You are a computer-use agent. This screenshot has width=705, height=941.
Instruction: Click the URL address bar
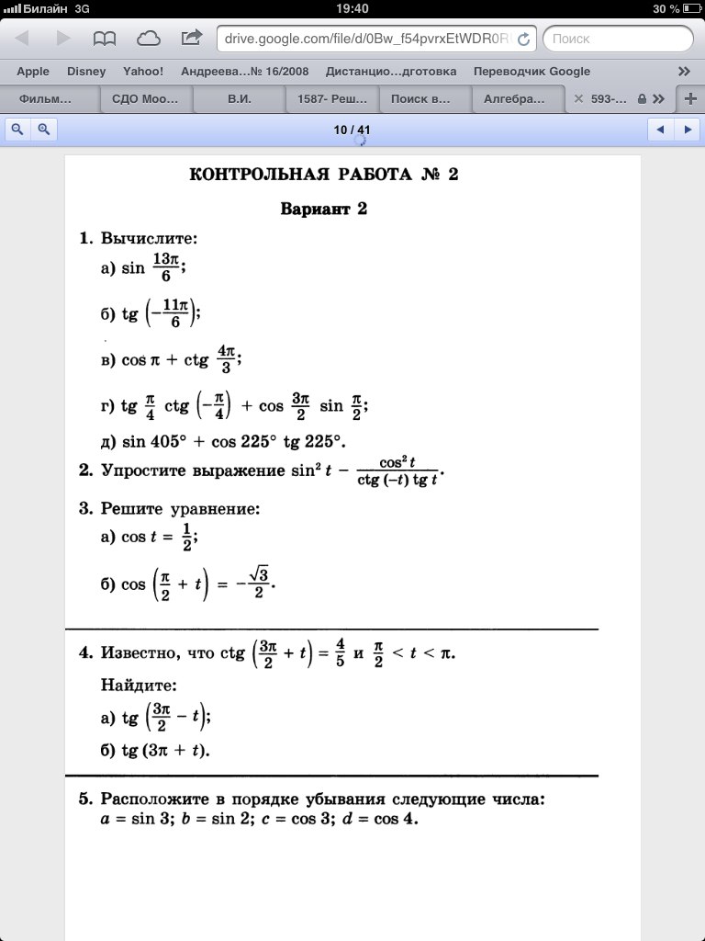point(367,39)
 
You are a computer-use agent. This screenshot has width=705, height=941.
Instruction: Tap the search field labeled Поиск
point(618,39)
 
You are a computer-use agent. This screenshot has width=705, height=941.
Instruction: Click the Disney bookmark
point(86,71)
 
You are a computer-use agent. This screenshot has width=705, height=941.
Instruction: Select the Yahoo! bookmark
point(143,71)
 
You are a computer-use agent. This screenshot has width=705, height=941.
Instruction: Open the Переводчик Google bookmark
point(532,71)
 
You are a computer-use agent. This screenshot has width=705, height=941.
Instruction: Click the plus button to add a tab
point(690,98)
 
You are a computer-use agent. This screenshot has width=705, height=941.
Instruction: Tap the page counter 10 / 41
point(352,130)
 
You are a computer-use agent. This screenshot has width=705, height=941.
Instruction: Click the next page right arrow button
point(688,130)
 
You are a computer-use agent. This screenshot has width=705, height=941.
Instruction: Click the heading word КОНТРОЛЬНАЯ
point(253,175)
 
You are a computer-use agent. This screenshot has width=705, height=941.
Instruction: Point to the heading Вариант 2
point(323,209)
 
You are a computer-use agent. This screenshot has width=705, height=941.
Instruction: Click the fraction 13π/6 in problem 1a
point(166,269)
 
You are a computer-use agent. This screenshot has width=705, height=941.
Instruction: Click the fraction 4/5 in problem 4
point(340,653)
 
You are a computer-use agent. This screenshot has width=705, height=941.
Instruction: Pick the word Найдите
point(138,685)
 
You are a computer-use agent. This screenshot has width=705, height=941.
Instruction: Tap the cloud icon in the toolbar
point(148,39)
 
